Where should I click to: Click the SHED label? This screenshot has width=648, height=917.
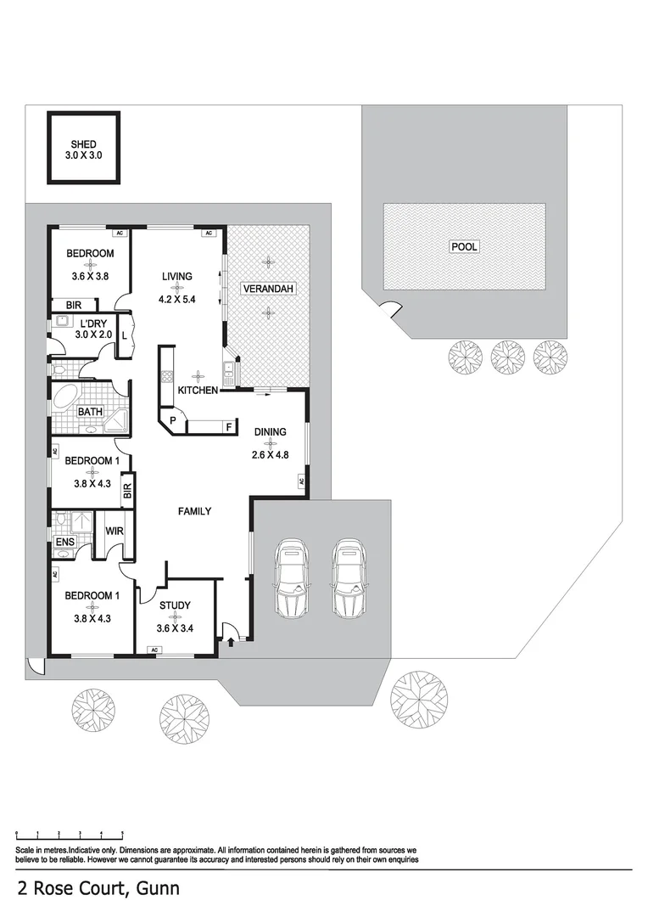point(83,144)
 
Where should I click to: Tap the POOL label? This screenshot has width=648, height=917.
point(464,247)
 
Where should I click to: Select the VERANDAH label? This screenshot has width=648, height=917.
point(268,290)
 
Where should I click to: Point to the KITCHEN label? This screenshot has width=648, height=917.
point(198,390)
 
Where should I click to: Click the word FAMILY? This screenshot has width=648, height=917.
point(193,511)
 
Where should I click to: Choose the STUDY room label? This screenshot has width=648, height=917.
point(175,605)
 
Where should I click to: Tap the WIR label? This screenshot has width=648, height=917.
point(115,531)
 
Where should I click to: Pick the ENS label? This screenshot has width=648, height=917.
point(64,542)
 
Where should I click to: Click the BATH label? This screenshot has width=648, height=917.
point(90,412)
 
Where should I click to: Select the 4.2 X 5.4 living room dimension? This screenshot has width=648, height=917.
point(177,300)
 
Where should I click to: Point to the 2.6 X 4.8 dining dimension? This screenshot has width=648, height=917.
point(271,454)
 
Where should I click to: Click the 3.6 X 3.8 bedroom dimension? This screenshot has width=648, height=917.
point(90,274)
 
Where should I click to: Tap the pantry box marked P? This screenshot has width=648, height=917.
point(171,420)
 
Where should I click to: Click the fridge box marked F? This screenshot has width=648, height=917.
point(227,426)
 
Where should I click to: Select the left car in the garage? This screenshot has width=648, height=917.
point(291,578)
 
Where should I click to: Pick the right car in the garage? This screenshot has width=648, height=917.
point(348,578)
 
